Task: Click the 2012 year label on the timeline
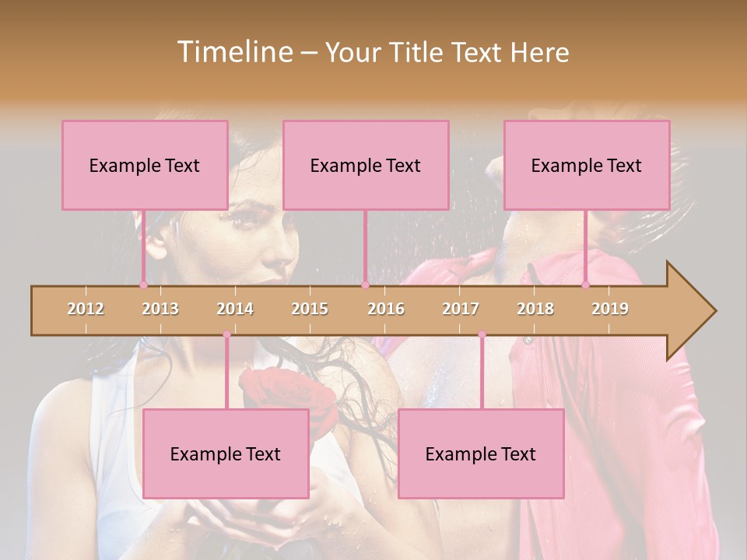(86, 309)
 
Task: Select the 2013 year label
(160, 309)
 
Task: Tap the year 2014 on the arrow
(235, 309)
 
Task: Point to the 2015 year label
(310, 309)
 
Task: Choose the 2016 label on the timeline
(386, 309)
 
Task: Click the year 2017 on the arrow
(461, 309)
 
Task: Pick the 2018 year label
(535, 309)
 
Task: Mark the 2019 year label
(610, 309)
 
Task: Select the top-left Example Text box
(145, 165)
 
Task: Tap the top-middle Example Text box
(366, 165)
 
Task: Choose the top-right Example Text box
(587, 165)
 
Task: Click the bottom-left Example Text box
(226, 453)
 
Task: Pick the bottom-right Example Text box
(481, 453)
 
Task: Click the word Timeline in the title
(233, 52)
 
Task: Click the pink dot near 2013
(143, 285)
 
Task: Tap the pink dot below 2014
(226, 334)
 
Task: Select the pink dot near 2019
(585, 285)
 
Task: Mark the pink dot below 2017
(482, 334)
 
